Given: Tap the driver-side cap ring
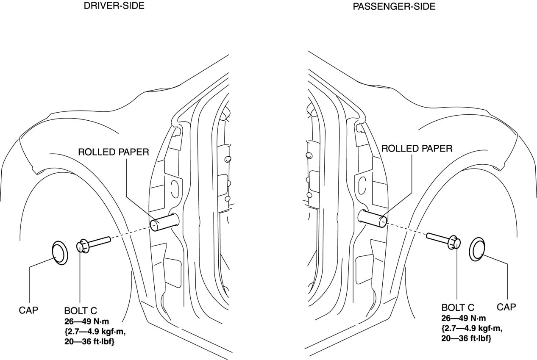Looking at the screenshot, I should (60, 253).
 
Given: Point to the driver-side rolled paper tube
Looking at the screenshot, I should (164, 222).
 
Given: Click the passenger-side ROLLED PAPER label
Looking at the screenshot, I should (417, 149).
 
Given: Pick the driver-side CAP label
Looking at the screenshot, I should (29, 310).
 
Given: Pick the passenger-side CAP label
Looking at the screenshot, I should (506, 307).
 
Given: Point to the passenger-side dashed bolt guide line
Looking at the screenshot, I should (406, 229).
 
